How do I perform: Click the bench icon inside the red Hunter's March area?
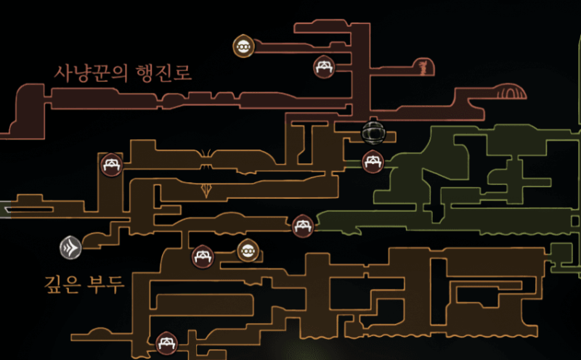coord(323,67)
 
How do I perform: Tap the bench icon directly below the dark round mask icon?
coord(373,161)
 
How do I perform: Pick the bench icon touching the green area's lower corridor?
coord(302,226)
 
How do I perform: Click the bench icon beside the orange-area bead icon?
coord(201,256)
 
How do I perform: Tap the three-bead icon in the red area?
coord(243,46)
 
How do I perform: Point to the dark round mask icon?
coord(373,133)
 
